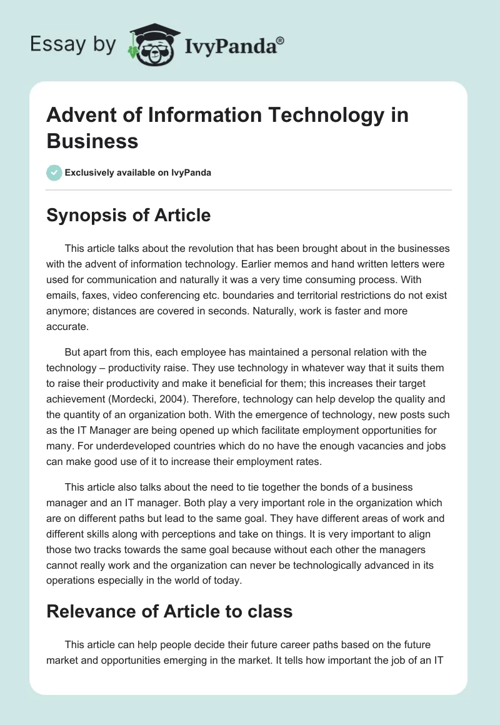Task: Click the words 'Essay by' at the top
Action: coord(72,45)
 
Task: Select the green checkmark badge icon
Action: coord(54,172)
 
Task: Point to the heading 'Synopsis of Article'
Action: coord(128,216)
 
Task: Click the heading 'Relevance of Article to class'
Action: coord(169,611)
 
